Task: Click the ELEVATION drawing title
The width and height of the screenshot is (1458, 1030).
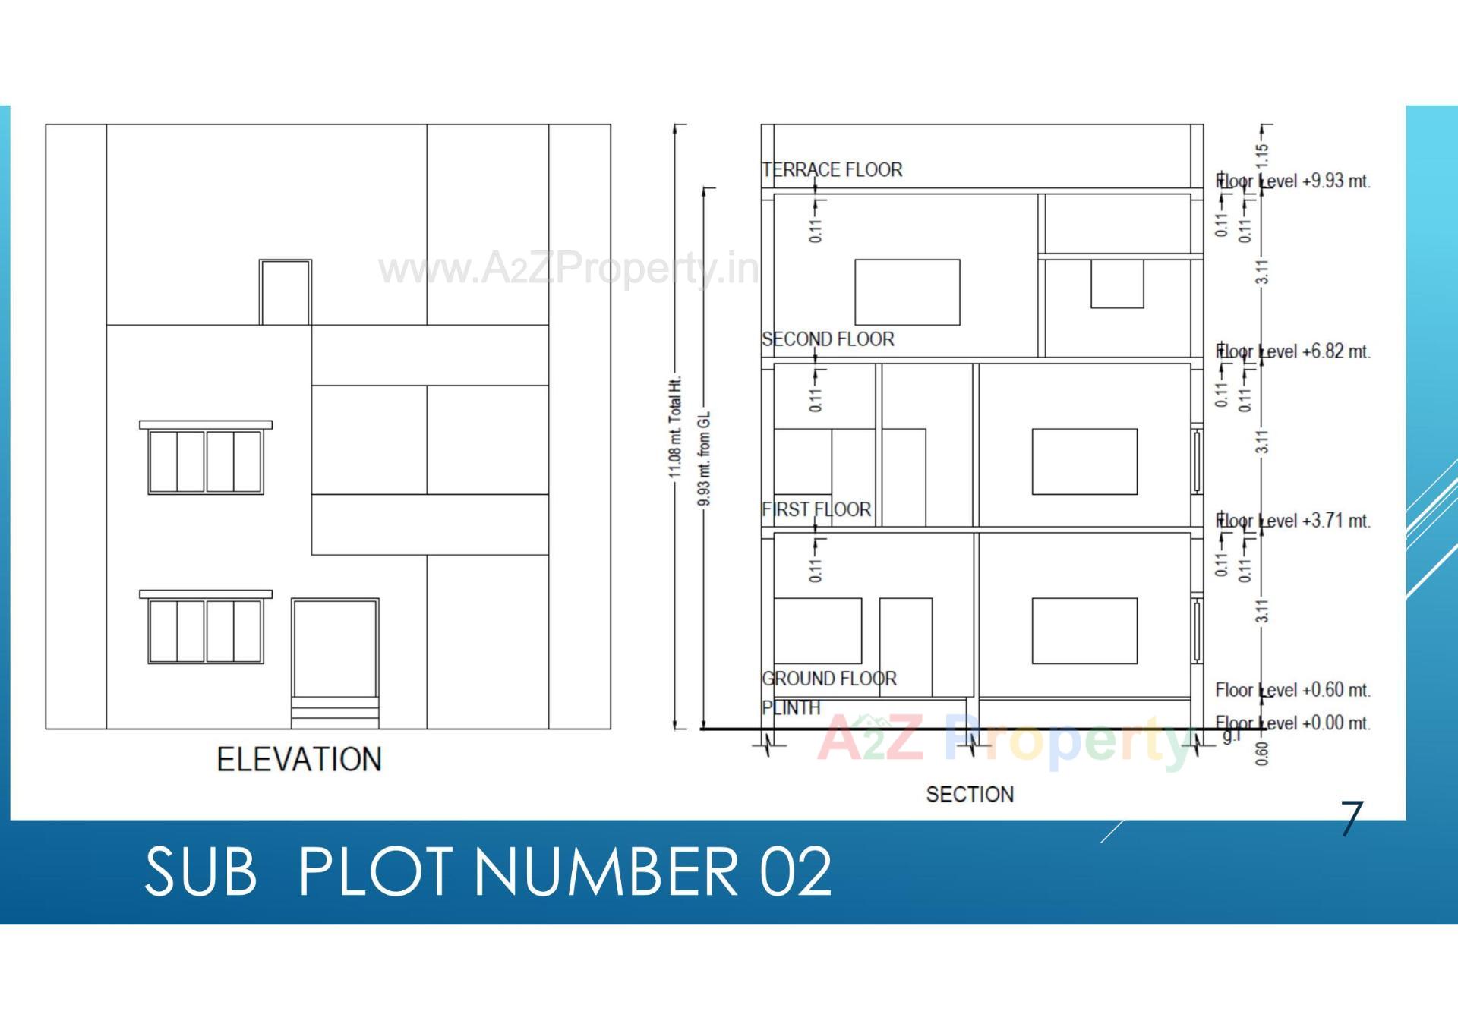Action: pyautogui.click(x=299, y=759)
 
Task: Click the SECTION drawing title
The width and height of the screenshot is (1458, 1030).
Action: pyautogui.click(x=970, y=794)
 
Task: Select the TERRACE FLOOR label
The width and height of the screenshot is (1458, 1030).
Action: pyautogui.click(x=832, y=169)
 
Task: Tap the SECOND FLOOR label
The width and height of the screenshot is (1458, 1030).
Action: pyautogui.click(x=828, y=339)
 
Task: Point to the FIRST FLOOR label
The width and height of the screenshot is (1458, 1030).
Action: pyautogui.click(x=816, y=509)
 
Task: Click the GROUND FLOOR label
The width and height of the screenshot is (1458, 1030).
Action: pyautogui.click(x=829, y=678)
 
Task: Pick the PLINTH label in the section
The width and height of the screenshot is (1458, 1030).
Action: pyautogui.click(x=791, y=707)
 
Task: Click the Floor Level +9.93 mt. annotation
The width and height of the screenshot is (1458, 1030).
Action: pyautogui.click(x=1292, y=181)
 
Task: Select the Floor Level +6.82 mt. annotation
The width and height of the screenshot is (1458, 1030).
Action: pyautogui.click(x=1292, y=351)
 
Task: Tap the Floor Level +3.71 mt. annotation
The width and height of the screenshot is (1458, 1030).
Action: pyautogui.click(x=1292, y=521)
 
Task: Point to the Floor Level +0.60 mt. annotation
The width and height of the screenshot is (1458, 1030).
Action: pyautogui.click(x=1292, y=690)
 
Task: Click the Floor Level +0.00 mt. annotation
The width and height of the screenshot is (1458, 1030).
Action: pyautogui.click(x=1292, y=723)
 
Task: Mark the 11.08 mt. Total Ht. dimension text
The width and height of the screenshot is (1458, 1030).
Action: pyautogui.click(x=675, y=427)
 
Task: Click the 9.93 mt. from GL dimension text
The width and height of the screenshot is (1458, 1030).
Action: pyautogui.click(x=704, y=459)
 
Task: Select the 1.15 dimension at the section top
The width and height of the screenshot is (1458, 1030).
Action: pyautogui.click(x=1261, y=156)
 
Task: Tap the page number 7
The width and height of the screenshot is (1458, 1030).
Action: pyautogui.click(x=1352, y=818)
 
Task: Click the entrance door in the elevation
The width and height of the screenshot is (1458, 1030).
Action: pyautogui.click(x=335, y=649)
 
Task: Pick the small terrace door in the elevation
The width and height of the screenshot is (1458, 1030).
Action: pyautogui.click(x=285, y=292)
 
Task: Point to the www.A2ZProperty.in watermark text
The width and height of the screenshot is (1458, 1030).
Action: pyautogui.click(x=568, y=268)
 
